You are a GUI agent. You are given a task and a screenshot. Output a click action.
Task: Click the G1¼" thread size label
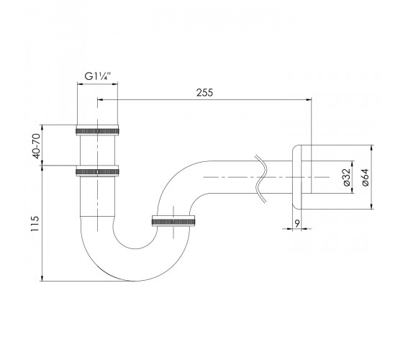(x=97, y=76)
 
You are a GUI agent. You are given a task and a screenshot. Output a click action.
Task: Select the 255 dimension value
(x=204, y=93)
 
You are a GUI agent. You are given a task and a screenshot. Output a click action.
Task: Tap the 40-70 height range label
(x=37, y=146)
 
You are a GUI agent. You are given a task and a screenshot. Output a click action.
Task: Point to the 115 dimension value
(x=35, y=224)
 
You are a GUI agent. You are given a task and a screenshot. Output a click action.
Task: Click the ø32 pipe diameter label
(x=347, y=177)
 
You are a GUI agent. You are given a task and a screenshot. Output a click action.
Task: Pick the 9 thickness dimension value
(x=296, y=223)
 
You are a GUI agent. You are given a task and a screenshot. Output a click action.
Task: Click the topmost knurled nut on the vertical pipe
(x=97, y=130)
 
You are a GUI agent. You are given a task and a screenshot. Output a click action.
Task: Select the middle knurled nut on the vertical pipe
(x=97, y=171)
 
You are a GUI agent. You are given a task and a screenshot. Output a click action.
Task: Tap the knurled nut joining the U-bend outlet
(x=173, y=221)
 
